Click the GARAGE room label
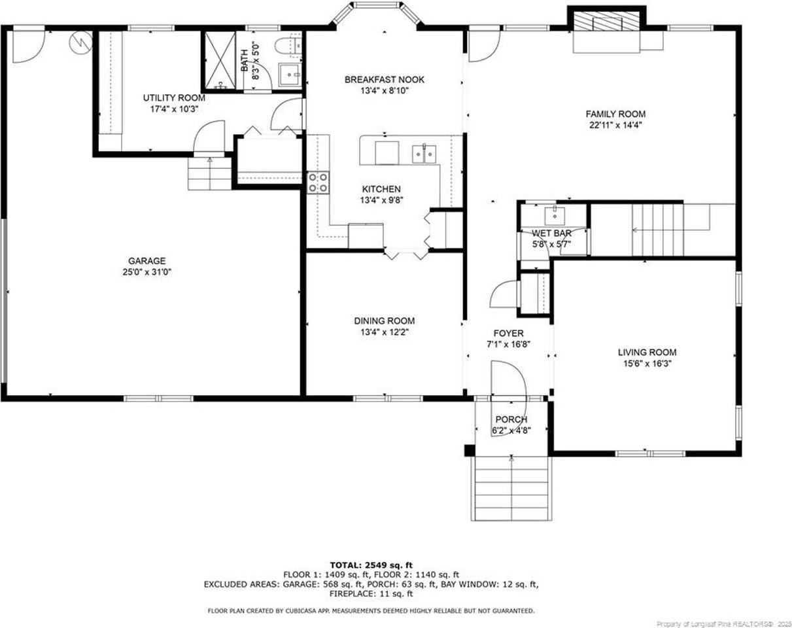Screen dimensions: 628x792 (x=146, y=260)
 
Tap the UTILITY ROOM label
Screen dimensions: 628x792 (x=170, y=98)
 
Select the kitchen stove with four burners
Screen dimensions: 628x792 (x=319, y=182)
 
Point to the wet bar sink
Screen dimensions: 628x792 (x=554, y=213)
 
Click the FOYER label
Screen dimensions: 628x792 (x=508, y=334)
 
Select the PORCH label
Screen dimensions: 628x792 (x=511, y=419)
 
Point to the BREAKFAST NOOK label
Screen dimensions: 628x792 (x=384, y=80)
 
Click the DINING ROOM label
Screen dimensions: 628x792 (x=384, y=321)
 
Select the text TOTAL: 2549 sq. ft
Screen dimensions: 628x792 (x=371, y=565)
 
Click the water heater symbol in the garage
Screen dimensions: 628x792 (x=79, y=43)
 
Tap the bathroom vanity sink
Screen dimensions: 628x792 (x=288, y=75)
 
